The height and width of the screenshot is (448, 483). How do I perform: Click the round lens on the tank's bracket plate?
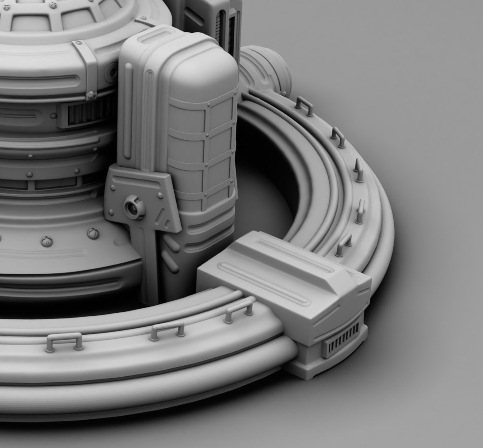click(x=134, y=207)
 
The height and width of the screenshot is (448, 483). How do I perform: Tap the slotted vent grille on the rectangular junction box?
click(x=341, y=340)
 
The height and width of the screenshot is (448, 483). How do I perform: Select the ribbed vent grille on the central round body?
click(x=84, y=113)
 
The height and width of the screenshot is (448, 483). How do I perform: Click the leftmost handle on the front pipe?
click(x=64, y=341)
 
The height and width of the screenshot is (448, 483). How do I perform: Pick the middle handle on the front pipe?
click(x=167, y=330)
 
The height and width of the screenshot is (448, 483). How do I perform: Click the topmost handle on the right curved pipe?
click(x=304, y=105)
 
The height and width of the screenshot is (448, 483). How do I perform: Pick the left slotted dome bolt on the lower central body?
click(x=46, y=241)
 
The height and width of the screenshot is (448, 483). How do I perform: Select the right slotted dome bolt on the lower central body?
click(x=93, y=234)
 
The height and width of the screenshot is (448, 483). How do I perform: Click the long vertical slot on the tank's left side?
click(x=128, y=111)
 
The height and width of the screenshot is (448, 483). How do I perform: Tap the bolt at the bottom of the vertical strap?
click(x=91, y=95)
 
